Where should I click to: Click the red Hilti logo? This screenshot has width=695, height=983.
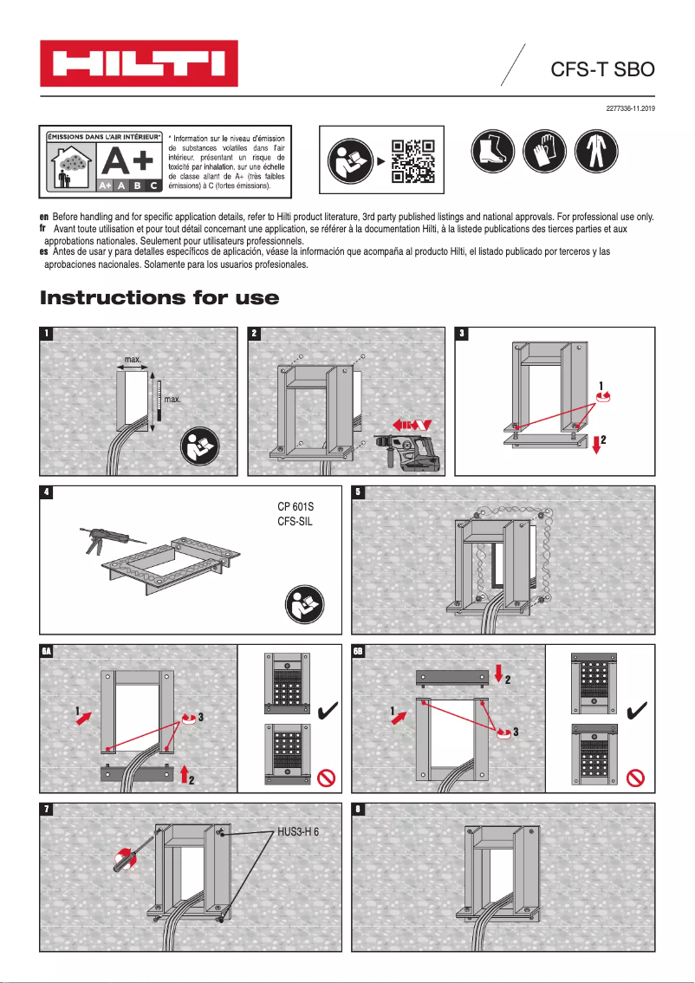(140, 63)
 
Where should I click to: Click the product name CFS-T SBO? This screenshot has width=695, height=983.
(601, 69)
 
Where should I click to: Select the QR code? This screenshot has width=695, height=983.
(412, 161)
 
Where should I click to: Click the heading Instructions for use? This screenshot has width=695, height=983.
(159, 298)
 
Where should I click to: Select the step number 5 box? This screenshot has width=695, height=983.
(358, 492)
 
